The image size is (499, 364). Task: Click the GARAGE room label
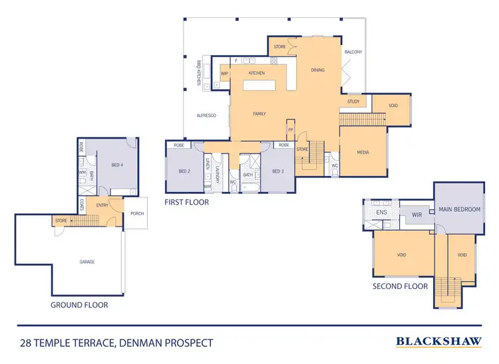click(x=87, y=262)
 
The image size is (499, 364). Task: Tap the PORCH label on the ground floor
click(x=136, y=213)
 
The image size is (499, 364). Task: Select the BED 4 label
click(x=117, y=165)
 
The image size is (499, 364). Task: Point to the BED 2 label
click(x=184, y=171)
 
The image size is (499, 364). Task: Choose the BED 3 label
click(x=278, y=171)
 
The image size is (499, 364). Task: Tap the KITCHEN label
click(x=257, y=73)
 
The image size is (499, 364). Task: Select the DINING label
click(x=318, y=69)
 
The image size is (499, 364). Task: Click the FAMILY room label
click(x=259, y=114)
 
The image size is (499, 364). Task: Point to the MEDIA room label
click(x=363, y=152)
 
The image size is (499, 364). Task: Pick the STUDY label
click(x=353, y=102)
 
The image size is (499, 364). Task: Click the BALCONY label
click(x=353, y=52)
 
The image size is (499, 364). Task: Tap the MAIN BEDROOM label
click(x=459, y=209)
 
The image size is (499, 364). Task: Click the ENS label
click(x=381, y=213)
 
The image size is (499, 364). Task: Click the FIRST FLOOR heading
click(x=186, y=202)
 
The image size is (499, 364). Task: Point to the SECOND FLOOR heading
click(x=400, y=286)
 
